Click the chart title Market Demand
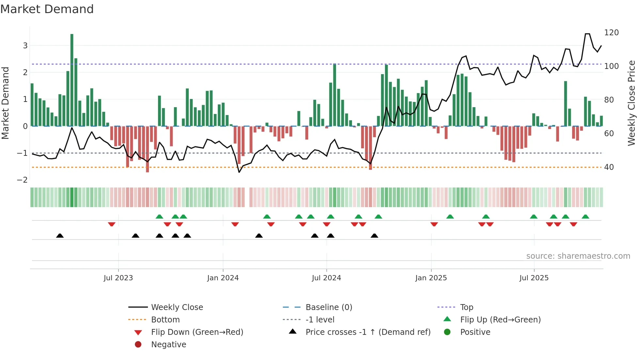click(47, 9)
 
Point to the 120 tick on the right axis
click(611, 33)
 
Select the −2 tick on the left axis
click(22, 180)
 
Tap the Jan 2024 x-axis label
click(223, 278)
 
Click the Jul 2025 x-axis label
click(534, 278)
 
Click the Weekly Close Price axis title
click(632, 103)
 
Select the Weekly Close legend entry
click(177, 307)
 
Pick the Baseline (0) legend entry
click(328, 307)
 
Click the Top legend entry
click(466, 307)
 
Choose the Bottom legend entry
click(165, 320)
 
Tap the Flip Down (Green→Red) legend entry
click(197, 332)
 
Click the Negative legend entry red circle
click(138, 345)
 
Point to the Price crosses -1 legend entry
click(368, 332)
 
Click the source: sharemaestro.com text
click(578, 256)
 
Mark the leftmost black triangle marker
click(60, 236)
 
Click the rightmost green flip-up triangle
click(585, 217)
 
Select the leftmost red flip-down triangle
click(112, 224)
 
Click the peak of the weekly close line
click(587, 34)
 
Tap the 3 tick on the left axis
click(25, 46)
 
